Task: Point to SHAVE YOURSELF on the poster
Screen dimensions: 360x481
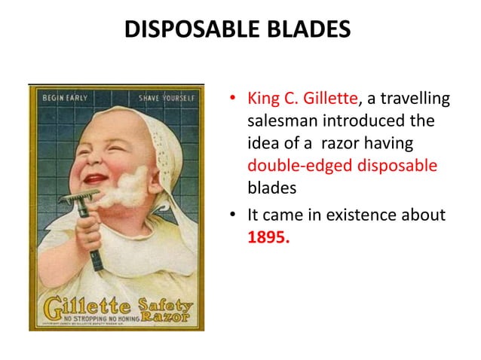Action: pyautogui.click(x=167, y=98)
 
